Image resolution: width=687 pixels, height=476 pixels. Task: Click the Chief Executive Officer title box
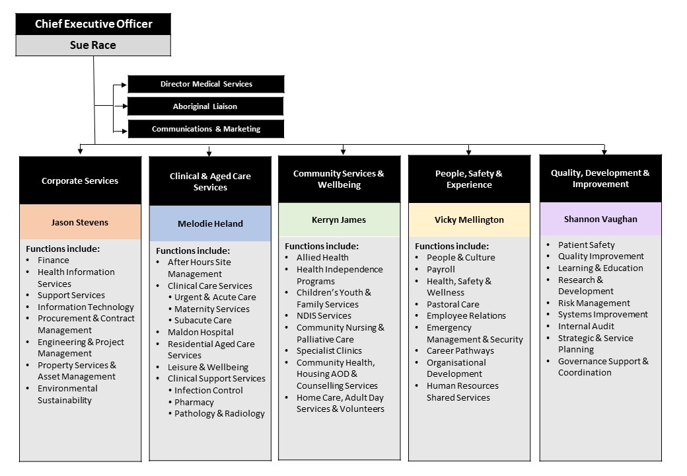(x=93, y=24)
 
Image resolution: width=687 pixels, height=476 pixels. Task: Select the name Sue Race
(x=93, y=45)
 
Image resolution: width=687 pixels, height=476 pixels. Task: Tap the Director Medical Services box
(x=206, y=84)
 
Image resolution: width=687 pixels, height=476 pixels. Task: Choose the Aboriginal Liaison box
(x=205, y=106)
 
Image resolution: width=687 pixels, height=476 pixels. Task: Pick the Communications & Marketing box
(x=206, y=129)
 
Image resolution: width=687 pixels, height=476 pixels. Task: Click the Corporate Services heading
(x=80, y=180)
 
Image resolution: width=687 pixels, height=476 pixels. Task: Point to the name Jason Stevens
(x=80, y=222)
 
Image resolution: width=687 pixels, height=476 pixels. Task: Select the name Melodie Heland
(x=210, y=223)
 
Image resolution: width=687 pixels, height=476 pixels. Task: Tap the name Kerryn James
(x=339, y=219)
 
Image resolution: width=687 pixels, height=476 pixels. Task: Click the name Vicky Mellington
(x=469, y=219)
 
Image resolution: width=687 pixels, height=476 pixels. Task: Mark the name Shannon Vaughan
(x=600, y=219)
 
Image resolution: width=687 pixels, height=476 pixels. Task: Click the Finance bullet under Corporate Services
(x=54, y=260)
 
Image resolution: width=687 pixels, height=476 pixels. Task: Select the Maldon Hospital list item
(x=201, y=333)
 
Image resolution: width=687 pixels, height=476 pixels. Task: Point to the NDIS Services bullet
(x=324, y=315)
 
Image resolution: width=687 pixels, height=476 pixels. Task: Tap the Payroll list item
(x=441, y=269)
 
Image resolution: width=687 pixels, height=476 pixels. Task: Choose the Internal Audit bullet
(x=586, y=326)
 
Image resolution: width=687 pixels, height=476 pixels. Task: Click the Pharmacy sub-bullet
(x=194, y=402)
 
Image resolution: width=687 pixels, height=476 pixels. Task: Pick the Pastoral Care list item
(x=453, y=304)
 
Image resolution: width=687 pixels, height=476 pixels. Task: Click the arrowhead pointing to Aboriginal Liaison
(x=125, y=106)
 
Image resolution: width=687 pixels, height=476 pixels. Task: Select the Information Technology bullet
(x=86, y=307)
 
